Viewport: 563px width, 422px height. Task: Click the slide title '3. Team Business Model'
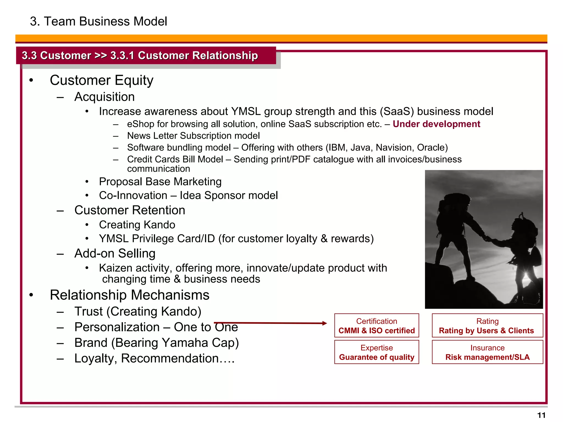(x=98, y=21)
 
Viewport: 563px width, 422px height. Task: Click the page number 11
(x=541, y=415)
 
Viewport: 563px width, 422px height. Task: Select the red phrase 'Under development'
(x=436, y=124)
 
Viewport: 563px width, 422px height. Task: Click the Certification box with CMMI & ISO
(x=376, y=326)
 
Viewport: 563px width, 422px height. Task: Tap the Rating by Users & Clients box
(x=487, y=326)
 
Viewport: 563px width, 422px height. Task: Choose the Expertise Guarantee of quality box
(x=376, y=352)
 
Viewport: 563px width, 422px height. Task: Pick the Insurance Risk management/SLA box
(x=487, y=352)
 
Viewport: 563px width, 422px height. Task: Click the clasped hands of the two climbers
(x=489, y=238)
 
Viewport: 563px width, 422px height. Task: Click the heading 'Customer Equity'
(x=101, y=80)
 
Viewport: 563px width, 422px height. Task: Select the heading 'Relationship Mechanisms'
(x=129, y=295)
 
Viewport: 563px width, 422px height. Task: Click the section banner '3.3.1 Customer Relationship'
(x=184, y=55)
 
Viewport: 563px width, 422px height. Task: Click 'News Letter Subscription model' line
(x=193, y=136)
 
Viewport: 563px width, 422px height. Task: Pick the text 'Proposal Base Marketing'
(x=160, y=182)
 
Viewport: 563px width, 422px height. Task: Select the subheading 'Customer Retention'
(x=129, y=210)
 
